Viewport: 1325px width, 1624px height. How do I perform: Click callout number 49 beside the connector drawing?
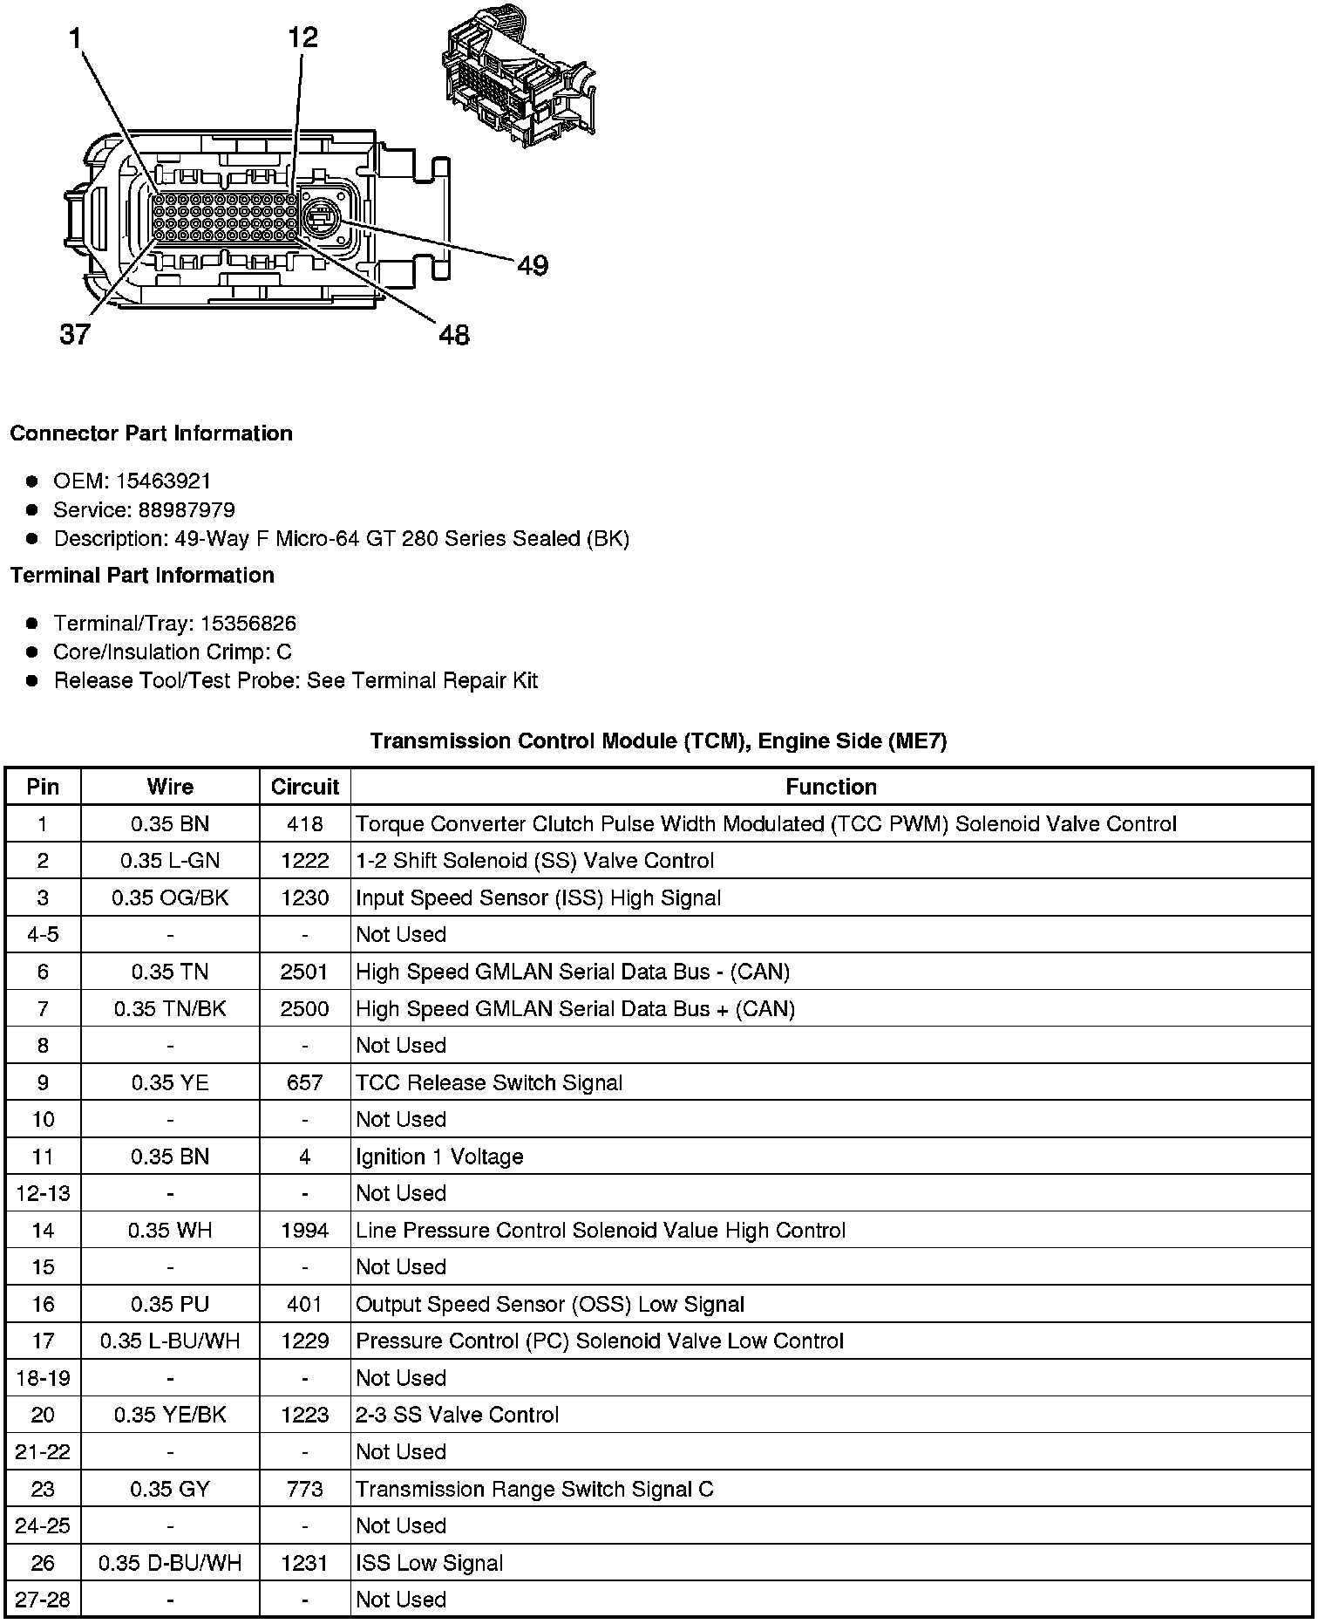533,265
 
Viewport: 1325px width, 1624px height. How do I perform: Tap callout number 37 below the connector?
75,334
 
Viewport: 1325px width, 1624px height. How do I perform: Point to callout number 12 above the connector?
302,37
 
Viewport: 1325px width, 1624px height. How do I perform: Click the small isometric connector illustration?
520,81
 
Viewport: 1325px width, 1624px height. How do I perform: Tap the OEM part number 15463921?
163,481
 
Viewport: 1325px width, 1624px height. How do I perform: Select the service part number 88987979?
187,510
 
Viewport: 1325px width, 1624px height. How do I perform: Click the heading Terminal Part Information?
142,576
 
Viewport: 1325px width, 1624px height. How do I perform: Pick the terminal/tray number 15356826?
248,624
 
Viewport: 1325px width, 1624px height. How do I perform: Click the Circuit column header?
304,787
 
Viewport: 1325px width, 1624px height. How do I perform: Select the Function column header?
831,787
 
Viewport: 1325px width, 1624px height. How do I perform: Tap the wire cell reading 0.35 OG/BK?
170,898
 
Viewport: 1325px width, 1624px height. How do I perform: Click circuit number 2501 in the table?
304,972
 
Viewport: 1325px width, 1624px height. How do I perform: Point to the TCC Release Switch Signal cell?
489,1082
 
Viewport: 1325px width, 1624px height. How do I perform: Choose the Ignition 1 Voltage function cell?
439,1157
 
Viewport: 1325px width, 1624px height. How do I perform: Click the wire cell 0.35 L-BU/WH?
170,1341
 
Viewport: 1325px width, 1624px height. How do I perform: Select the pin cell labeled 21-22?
43,1451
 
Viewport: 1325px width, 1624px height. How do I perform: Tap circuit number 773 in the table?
304,1489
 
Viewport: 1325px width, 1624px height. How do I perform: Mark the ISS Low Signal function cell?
429,1563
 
